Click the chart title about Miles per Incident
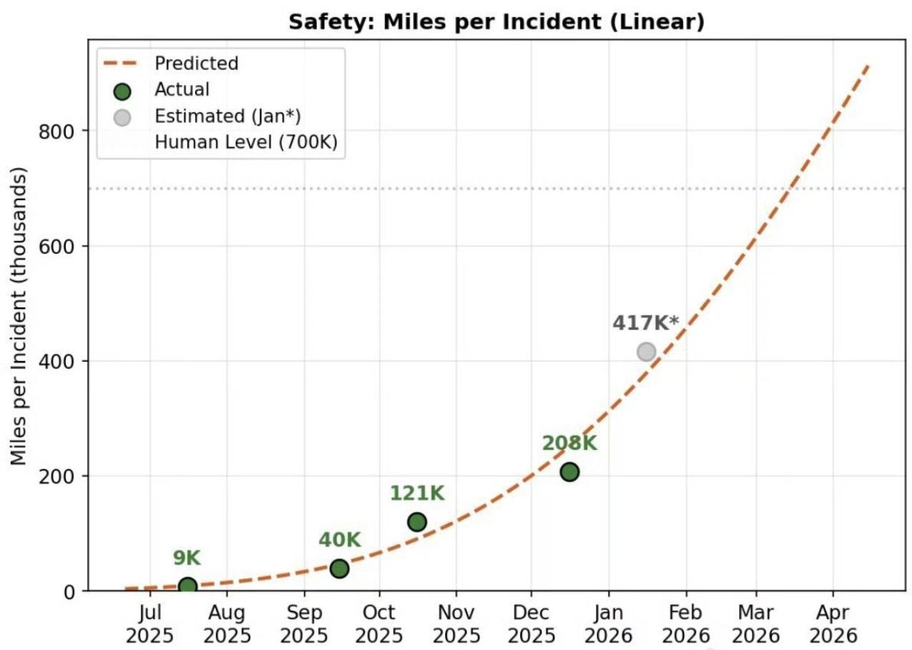click(496, 22)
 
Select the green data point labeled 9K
click(187, 586)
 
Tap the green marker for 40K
click(339, 568)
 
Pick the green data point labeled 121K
click(417, 522)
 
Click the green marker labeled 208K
click(569, 472)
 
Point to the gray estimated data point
click(646, 351)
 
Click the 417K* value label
click(645, 323)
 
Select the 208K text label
click(569, 443)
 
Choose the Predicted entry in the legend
click(196, 64)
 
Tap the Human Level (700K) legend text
click(246, 143)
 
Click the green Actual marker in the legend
click(123, 91)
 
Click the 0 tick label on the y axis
click(71, 591)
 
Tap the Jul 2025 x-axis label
click(150, 624)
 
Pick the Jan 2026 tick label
click(608, 624)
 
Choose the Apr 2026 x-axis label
click(832, 624)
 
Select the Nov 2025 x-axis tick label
click(455, 624)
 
